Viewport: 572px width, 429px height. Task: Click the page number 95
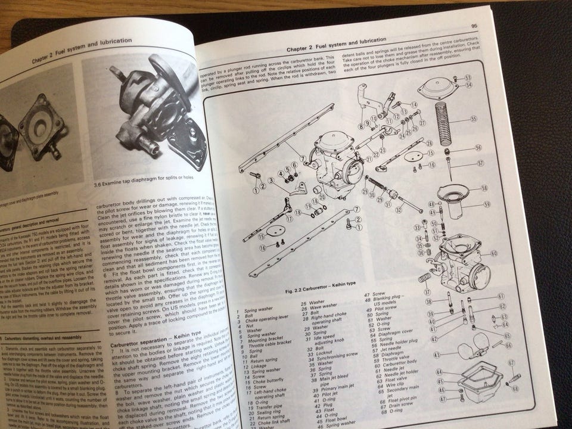[474, 26]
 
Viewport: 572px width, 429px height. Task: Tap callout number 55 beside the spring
[474, 119]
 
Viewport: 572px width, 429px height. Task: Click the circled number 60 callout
[494, 253]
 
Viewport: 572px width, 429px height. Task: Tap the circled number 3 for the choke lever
[271, 180]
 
